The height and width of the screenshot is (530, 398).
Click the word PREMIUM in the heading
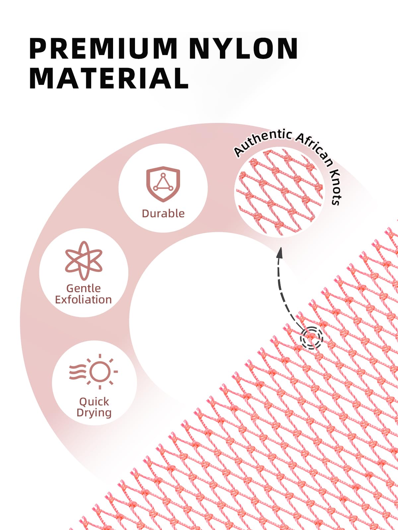click(103, 49)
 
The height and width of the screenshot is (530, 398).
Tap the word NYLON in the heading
click(243, 49)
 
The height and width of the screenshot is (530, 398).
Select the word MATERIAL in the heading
click(109, 78)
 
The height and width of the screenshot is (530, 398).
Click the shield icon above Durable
click(163, 184)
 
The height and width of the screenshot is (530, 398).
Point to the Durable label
click(163, 213)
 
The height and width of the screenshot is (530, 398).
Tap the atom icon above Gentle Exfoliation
click(84, 261)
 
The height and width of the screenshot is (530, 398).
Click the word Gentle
click(83, 288)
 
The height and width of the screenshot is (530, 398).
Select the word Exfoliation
click(83, 300)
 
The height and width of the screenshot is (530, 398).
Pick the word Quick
click(94, 402)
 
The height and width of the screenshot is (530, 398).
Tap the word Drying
click(94, 413)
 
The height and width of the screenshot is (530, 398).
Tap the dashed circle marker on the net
click(311, 338)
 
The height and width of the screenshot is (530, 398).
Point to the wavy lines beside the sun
click(78, 372)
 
